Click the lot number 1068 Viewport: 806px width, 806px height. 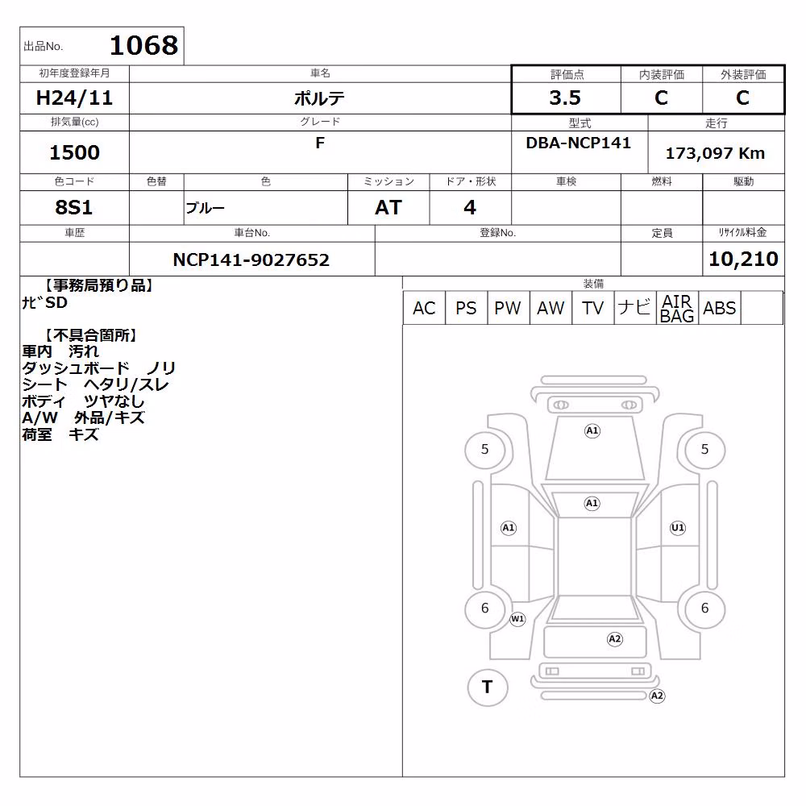144,45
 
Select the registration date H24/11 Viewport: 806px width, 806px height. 74,98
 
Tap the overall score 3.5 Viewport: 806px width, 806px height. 565,98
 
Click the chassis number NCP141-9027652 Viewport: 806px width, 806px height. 251,260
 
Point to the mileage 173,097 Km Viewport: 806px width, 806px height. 715,153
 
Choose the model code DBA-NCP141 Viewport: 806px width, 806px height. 578,143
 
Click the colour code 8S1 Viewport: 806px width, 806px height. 74,207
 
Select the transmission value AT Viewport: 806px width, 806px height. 388,207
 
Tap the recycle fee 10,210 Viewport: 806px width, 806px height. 743,259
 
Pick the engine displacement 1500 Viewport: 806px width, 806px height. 74,152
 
